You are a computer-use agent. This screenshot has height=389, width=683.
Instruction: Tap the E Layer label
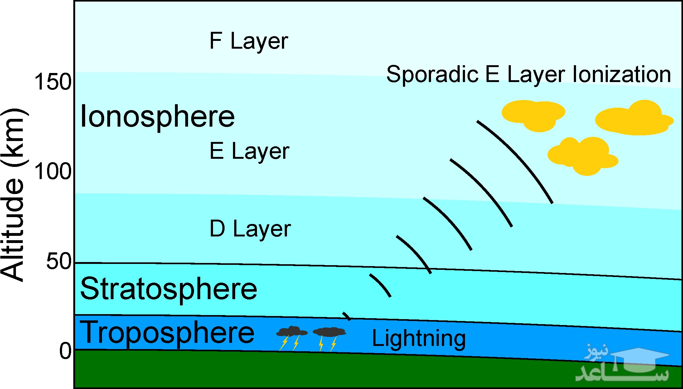249,151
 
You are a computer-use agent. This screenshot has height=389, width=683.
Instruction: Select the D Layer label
250,229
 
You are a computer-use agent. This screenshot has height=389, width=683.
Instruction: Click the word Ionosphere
157,117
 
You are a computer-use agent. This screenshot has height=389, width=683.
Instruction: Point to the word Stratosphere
168,289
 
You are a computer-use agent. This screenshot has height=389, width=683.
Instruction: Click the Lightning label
419,339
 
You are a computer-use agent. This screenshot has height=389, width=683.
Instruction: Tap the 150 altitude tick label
53,82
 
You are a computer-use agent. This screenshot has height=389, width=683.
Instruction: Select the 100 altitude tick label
53,171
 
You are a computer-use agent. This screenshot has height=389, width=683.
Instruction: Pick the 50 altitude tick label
59,261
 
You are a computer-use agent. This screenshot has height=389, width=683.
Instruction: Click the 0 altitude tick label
65,351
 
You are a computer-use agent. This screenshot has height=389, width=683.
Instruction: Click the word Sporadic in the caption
432,75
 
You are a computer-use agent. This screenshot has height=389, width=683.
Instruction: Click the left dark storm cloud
292,332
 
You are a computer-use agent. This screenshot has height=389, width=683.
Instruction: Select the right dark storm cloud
329,332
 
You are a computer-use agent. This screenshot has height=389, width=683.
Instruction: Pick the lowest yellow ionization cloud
583,156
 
